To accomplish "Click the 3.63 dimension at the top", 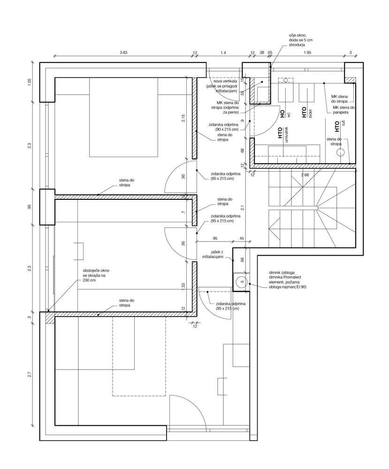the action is [x=123, y=53].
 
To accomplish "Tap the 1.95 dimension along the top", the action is [x=307, y=53].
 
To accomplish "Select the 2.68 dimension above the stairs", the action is [x=305, y=175].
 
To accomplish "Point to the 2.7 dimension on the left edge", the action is [x=29, y=374].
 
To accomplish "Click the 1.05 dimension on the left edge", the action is [x=29, y=82].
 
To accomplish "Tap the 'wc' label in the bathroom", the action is [x=289, y=114].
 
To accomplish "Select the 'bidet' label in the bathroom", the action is [x=310, y=114].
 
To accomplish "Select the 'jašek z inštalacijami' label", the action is [x=213, y=255].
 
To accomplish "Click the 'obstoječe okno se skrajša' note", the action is [x=96, y=275].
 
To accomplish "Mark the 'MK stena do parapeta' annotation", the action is [x=344, y=110].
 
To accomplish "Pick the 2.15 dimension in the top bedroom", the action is [x=183, y=118].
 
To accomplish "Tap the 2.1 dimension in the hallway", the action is [x=242, y=206].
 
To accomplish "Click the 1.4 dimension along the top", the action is [x=223, y=53].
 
